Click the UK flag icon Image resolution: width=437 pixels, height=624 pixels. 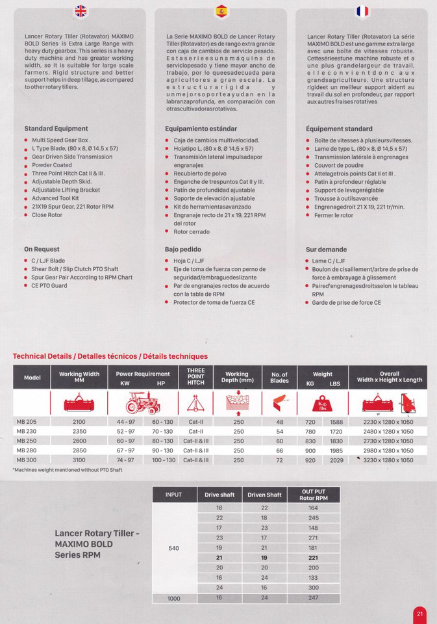[x=81, y=10]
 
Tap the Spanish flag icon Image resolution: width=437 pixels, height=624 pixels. [x=221, y=10]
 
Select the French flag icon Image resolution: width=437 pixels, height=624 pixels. [x=362, y=11]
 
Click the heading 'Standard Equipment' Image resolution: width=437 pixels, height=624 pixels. [x=56, y=129]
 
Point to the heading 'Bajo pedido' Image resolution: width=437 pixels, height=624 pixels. [x=183, y=249]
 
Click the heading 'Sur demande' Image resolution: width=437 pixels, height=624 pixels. [x=326, y=250]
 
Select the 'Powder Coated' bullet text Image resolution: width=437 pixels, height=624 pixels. [x=52, y=165]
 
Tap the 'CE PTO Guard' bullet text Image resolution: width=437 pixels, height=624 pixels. [x=49, y=285]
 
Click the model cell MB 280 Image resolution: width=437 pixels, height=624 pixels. [x=27, y=450]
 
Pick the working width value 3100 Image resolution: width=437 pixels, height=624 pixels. [x=79, y=460]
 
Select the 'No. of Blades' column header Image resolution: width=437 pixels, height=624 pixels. [x=279, y=378]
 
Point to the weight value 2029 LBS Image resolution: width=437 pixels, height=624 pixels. [x=336, y=460]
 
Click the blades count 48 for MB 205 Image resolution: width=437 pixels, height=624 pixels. [x=280, y=422]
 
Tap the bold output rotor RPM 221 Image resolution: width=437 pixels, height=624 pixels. [x=313, y=558]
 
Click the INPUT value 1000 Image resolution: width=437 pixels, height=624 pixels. [x=174, y=598]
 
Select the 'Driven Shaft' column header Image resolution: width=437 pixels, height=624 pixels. [x=264, y=495]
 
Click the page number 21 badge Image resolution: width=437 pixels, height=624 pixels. [x=419, y=614]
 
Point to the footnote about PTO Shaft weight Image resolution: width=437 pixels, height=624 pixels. [x=68, y=470]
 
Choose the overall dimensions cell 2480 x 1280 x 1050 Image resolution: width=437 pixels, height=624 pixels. [x=388, y=432]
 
